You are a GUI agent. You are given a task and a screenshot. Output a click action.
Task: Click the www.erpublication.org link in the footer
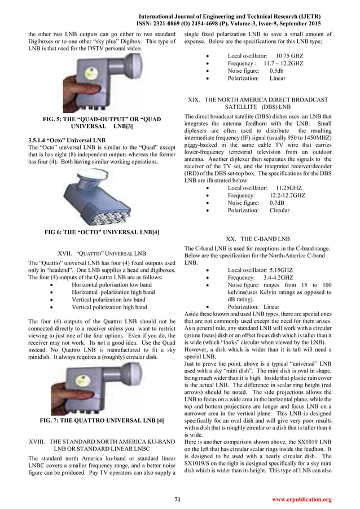click(x=301, y=499)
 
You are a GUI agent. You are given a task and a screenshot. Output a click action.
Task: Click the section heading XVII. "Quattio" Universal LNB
click(x=103, y=253)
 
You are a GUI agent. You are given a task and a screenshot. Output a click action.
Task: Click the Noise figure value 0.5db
click(x=276, y=71)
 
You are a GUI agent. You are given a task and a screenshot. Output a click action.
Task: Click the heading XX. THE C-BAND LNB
click(x=257, y=239)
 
